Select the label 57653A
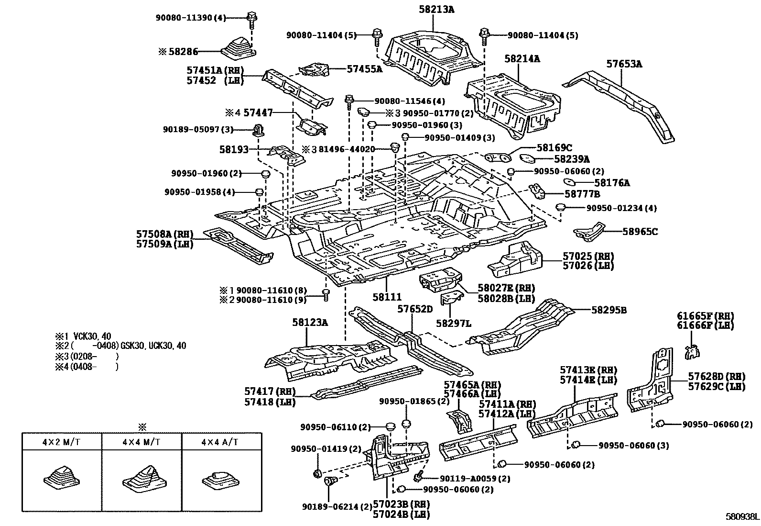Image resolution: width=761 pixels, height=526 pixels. [x=624, y=64]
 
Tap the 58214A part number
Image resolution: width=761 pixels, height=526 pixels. [x=522, y=59]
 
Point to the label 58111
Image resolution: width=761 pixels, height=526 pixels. [x=387, y=297]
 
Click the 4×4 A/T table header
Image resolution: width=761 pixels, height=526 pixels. [x=221, y=441]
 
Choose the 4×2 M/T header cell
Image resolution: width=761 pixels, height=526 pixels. [x=61, y=441]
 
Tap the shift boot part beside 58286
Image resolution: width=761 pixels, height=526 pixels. [x=238, y=47]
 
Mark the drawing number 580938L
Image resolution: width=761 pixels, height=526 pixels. [x=741, y=517]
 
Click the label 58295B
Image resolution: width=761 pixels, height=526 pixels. [x=609, y=310]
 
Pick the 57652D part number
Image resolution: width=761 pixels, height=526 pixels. [x=414, y=310]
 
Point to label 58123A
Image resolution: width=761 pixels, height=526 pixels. [x=310, y=323]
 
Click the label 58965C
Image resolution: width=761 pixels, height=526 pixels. [x=640, y=232]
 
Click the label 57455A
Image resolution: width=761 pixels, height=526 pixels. [x=364, y=69]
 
